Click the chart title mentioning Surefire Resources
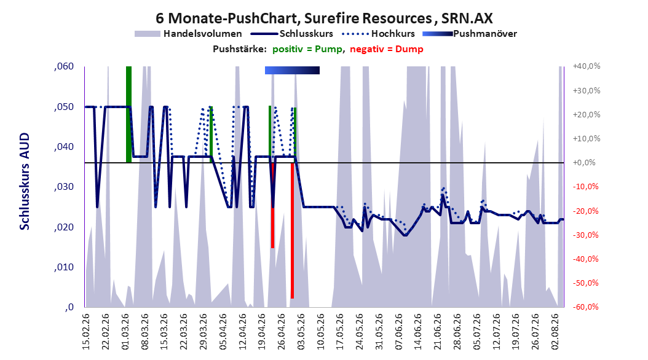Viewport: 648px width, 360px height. tap(324, 18)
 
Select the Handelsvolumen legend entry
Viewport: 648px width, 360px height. tap(189, 34)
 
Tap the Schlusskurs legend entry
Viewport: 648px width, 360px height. tap(293, 34)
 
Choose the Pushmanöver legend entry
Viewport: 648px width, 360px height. tap(470, 34)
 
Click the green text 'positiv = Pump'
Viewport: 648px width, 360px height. tap(307, 49)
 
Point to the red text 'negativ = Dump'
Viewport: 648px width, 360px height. tap(387, 49)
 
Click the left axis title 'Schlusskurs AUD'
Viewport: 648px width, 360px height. tap(25, 181)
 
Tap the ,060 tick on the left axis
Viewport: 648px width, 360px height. tap(64, 66)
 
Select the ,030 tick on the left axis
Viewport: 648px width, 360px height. tap(64, 187)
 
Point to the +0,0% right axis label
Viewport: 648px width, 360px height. tap(584, 163)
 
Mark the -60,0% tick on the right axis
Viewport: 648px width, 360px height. tap(586, 307)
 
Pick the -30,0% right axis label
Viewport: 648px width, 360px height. tap(586, 235)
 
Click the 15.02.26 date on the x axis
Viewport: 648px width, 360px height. tap(86, 332)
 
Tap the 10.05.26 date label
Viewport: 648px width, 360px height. tap(320, 332)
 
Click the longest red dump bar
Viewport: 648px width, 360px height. tap(292, 230)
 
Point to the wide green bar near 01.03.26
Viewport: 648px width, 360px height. tap(128, 114)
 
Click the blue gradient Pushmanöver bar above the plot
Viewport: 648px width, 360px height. tap(292, 70)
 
